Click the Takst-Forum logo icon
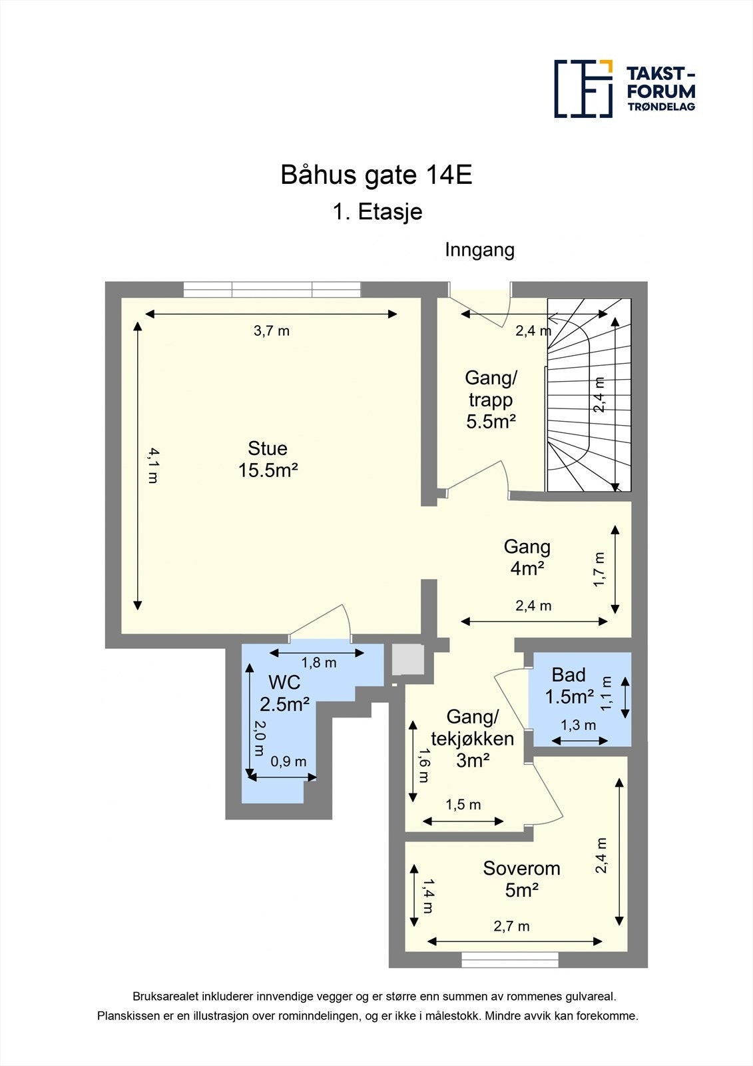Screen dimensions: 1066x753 pyautogui.click(x=583, y=89)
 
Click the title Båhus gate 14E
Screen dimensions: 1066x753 pyautogui.click(x=376, y=175)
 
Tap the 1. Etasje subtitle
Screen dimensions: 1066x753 pyautogui.click(x=377, y=212)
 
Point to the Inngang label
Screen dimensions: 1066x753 pyautogui.click(x=479, y=250)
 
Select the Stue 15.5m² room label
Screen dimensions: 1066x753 pyautogui.click(x=268, y=459)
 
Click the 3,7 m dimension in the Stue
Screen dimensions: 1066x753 pyautogui.click(x=272, y=330)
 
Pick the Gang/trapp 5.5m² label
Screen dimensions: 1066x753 pyautogui.click(x=491, y=400)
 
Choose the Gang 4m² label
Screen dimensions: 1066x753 pyautogui.click(x=527, y=557)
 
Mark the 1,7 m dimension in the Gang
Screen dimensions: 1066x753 pyautogui.click(x=599, y=570)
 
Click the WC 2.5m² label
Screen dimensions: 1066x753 pyautogui.click(x=284, y=693)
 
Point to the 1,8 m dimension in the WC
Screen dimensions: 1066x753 pyautogui.click(x=319, y=663)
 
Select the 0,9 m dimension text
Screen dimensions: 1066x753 pyautogui.click(x=288, y=762)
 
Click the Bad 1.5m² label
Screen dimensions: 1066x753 pyautogui.click(x=569, y=686)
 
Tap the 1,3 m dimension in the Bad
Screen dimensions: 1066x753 pyautogui.click(x=578, y=725)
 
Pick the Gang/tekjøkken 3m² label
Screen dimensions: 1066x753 pyautogui.click(x=472, y=738)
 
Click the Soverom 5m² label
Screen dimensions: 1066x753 pyautogui.click(x=521, y=879)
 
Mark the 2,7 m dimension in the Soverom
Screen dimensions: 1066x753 pyautogui.click(x=511, y=926)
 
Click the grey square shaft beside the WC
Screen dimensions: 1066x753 pyautogui.click(x=407, y=660)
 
